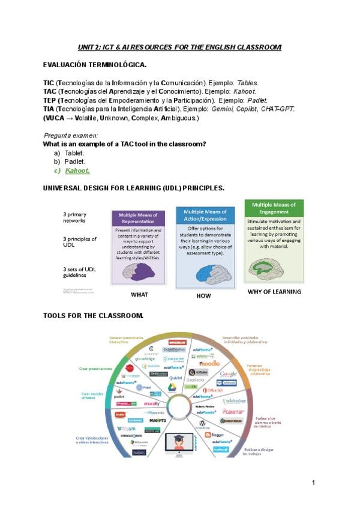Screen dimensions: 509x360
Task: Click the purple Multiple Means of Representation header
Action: (x=138, y=218)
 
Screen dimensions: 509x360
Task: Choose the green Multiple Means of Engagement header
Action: (x=273, y=208)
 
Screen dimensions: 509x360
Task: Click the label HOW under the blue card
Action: (x=204, y=296)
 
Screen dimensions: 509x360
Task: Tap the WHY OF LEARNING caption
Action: (x=274, y=292)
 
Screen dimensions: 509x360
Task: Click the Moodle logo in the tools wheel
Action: (x=209, y=363)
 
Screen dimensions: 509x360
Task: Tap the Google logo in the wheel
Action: (x=228, y=374)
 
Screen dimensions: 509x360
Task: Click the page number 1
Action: (x=313, y=483)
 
